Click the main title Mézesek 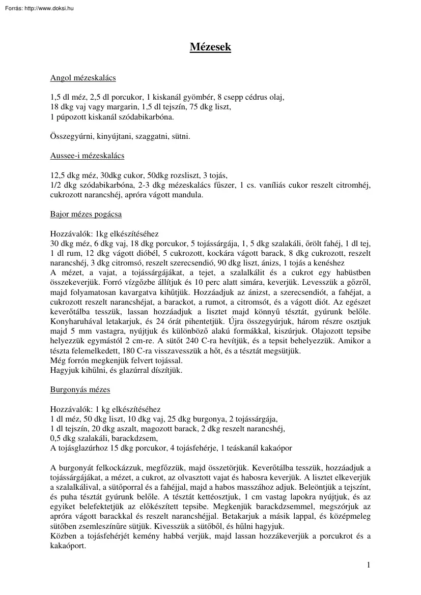[x=210, y=47]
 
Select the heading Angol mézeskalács [x=83, y=78]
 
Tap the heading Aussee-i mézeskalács [x=87, y=156]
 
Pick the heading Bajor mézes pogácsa [x=86, y=214]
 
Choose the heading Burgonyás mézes [x=80, y=390]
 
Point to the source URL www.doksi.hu [x=51, y=6]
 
